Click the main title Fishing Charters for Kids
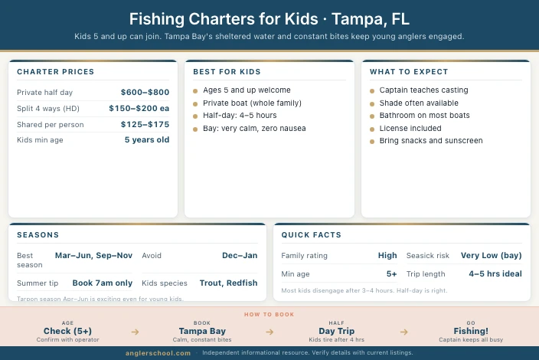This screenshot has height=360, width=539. (269, 19)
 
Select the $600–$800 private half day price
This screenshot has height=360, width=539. (145, 92)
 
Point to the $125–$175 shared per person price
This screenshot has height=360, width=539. (145, 124)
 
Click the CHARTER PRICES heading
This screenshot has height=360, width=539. (55, 72)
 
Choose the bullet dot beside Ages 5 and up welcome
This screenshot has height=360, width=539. (196, 90)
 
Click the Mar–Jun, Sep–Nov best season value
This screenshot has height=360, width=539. (93, 255)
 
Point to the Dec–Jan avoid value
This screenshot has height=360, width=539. (240, 255)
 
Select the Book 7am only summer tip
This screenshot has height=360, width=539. (102, 283)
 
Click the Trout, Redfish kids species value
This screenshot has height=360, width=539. (228, 283)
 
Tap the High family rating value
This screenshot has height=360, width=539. (387, 255)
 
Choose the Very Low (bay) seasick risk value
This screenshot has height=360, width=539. (491, 255)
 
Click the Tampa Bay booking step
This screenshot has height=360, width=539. (202, 332)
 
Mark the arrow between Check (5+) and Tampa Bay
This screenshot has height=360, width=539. (136, 332)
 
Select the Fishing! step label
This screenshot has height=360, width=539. (471, 332)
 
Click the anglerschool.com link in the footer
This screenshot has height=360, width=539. (158, 353)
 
